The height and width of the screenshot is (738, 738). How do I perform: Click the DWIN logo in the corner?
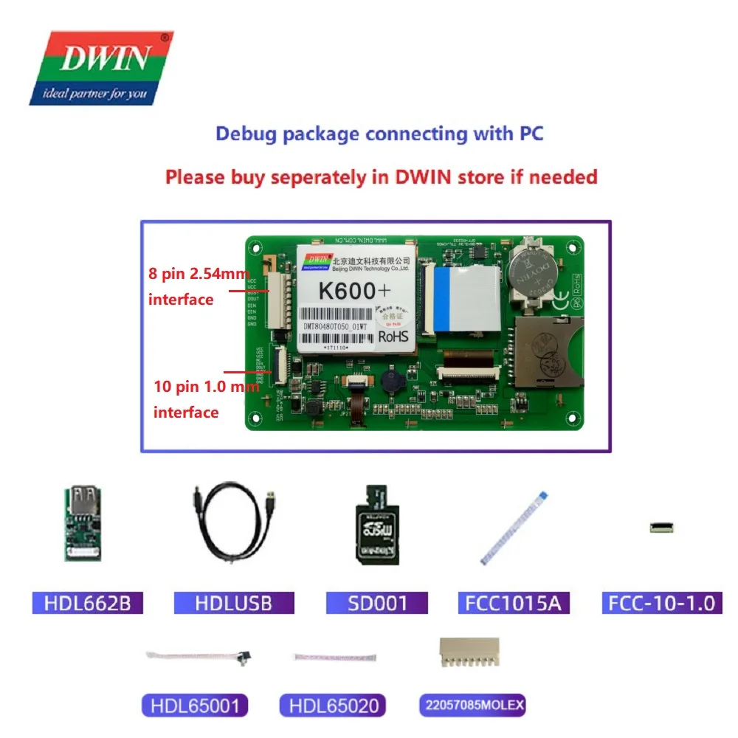point(101,68)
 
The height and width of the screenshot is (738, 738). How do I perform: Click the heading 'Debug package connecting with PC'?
point(379,134)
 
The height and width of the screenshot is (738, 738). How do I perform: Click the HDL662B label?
point(88,603)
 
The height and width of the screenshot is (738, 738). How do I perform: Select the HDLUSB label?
point(233,603)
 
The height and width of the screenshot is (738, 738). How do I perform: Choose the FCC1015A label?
point(514,603)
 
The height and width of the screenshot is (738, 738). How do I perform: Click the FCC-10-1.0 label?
point(661,603)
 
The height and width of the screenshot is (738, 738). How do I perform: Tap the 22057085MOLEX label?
point(472,706)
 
